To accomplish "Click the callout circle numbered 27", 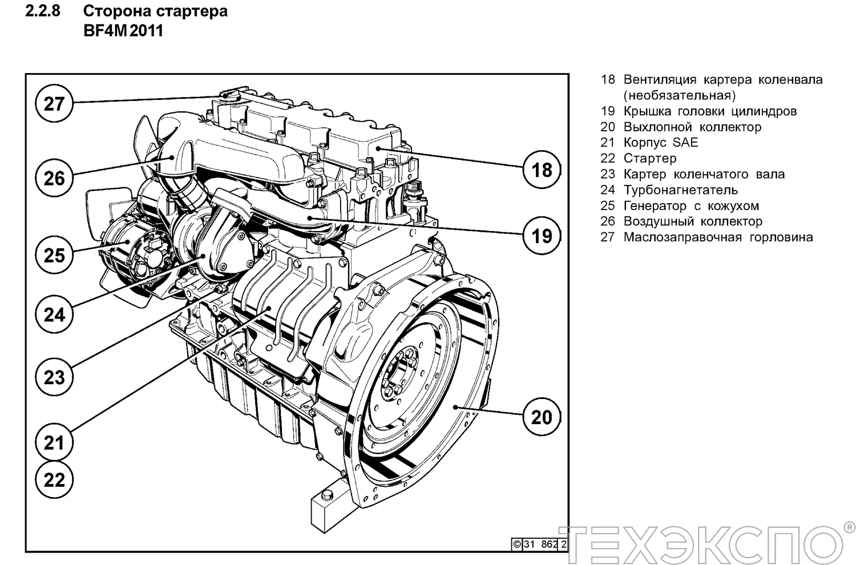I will coord(54,104).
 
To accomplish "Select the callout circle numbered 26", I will coord(54,178).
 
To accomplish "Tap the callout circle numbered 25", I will coord(54,255).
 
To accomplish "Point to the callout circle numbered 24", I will coord(54,314).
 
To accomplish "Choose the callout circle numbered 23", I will coord(54,377).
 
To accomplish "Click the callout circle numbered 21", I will coord(54,442).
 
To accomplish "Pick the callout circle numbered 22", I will coord(54,479).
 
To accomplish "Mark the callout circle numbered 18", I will coord(542,169).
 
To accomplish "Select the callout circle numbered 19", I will coord(542,235).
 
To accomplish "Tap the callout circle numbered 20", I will coord(542,417).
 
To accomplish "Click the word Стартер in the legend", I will coord(650,159).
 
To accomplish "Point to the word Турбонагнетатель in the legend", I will coord(680,190).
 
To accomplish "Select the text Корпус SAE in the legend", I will coord(661,143).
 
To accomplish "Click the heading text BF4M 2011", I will coord(123,31).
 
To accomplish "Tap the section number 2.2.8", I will coord(43,11).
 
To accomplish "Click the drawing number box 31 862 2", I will coord(539,544).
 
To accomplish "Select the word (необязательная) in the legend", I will coord(679,95).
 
